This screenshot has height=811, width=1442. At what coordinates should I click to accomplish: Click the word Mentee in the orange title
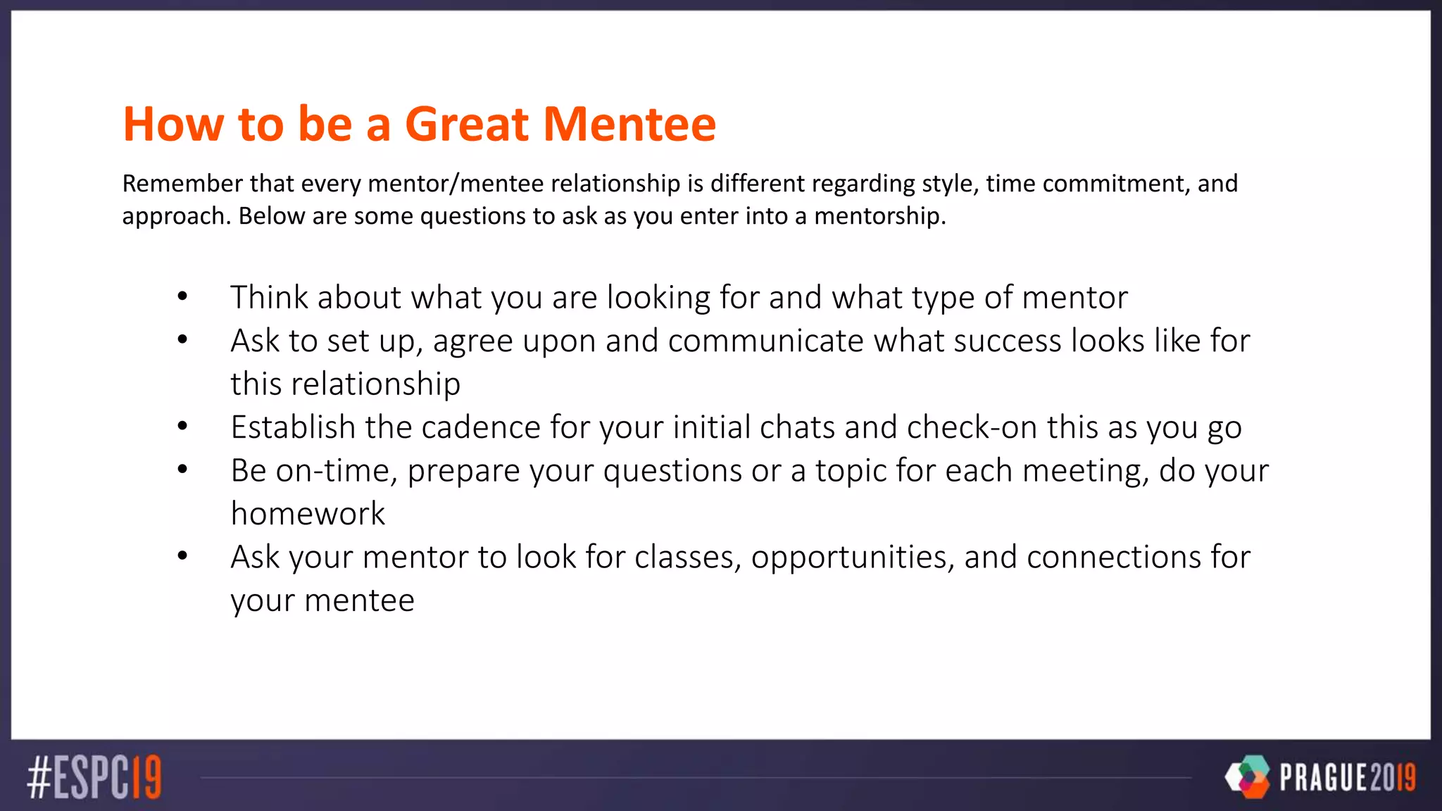click(629, 124)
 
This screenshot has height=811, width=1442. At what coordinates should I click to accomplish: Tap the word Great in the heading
click(467, 124)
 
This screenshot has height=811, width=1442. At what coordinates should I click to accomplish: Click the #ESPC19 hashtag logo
click(94, 777)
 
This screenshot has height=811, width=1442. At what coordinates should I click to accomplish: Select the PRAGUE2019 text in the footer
click(1347, 777)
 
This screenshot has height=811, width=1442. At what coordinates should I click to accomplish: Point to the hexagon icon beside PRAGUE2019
click(1248, 777)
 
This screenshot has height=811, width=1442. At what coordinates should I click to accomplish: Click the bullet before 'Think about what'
click(182, 297)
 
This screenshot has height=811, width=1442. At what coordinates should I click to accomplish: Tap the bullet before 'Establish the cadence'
click(182, 427)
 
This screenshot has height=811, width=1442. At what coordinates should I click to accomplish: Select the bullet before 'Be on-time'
click(182, 470)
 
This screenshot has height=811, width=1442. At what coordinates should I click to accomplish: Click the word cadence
click(481, 427)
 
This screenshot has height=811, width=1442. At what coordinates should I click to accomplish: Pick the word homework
click(308, 514)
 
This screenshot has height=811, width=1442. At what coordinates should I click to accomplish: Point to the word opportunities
click(852, 557)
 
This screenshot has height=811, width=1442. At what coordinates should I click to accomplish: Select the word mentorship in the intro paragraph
click(879, 215)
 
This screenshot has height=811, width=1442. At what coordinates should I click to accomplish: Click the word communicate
click(765, 341)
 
